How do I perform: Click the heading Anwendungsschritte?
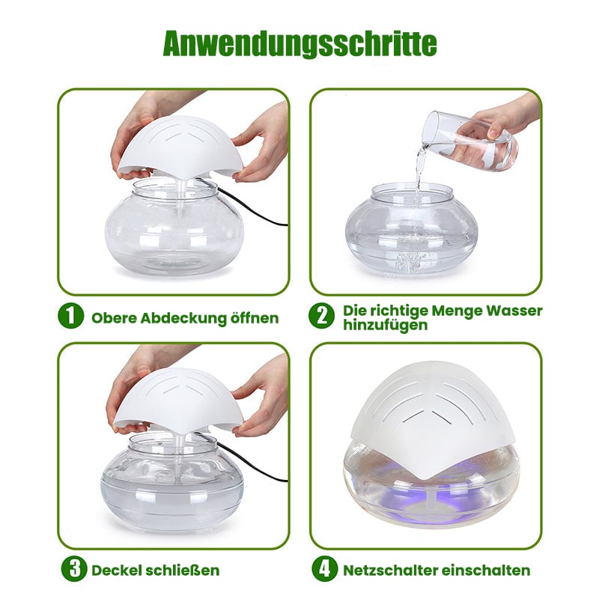pyautogui.click(x=300, y=43)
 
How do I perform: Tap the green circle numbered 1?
pyautogui.click(x=70, y=316)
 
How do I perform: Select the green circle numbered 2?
pyautogui.click(x=321, y=316)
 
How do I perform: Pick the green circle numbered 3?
pyautogui.click(x=73, y=569)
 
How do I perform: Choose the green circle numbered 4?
pyautogui.click(x=324, y=569)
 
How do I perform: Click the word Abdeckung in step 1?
pyautogui.click(x=183, y=319)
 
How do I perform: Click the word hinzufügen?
pyautogui.click(x=385, y=325)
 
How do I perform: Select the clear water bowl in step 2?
pyautogui.click(x=411, y=229)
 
